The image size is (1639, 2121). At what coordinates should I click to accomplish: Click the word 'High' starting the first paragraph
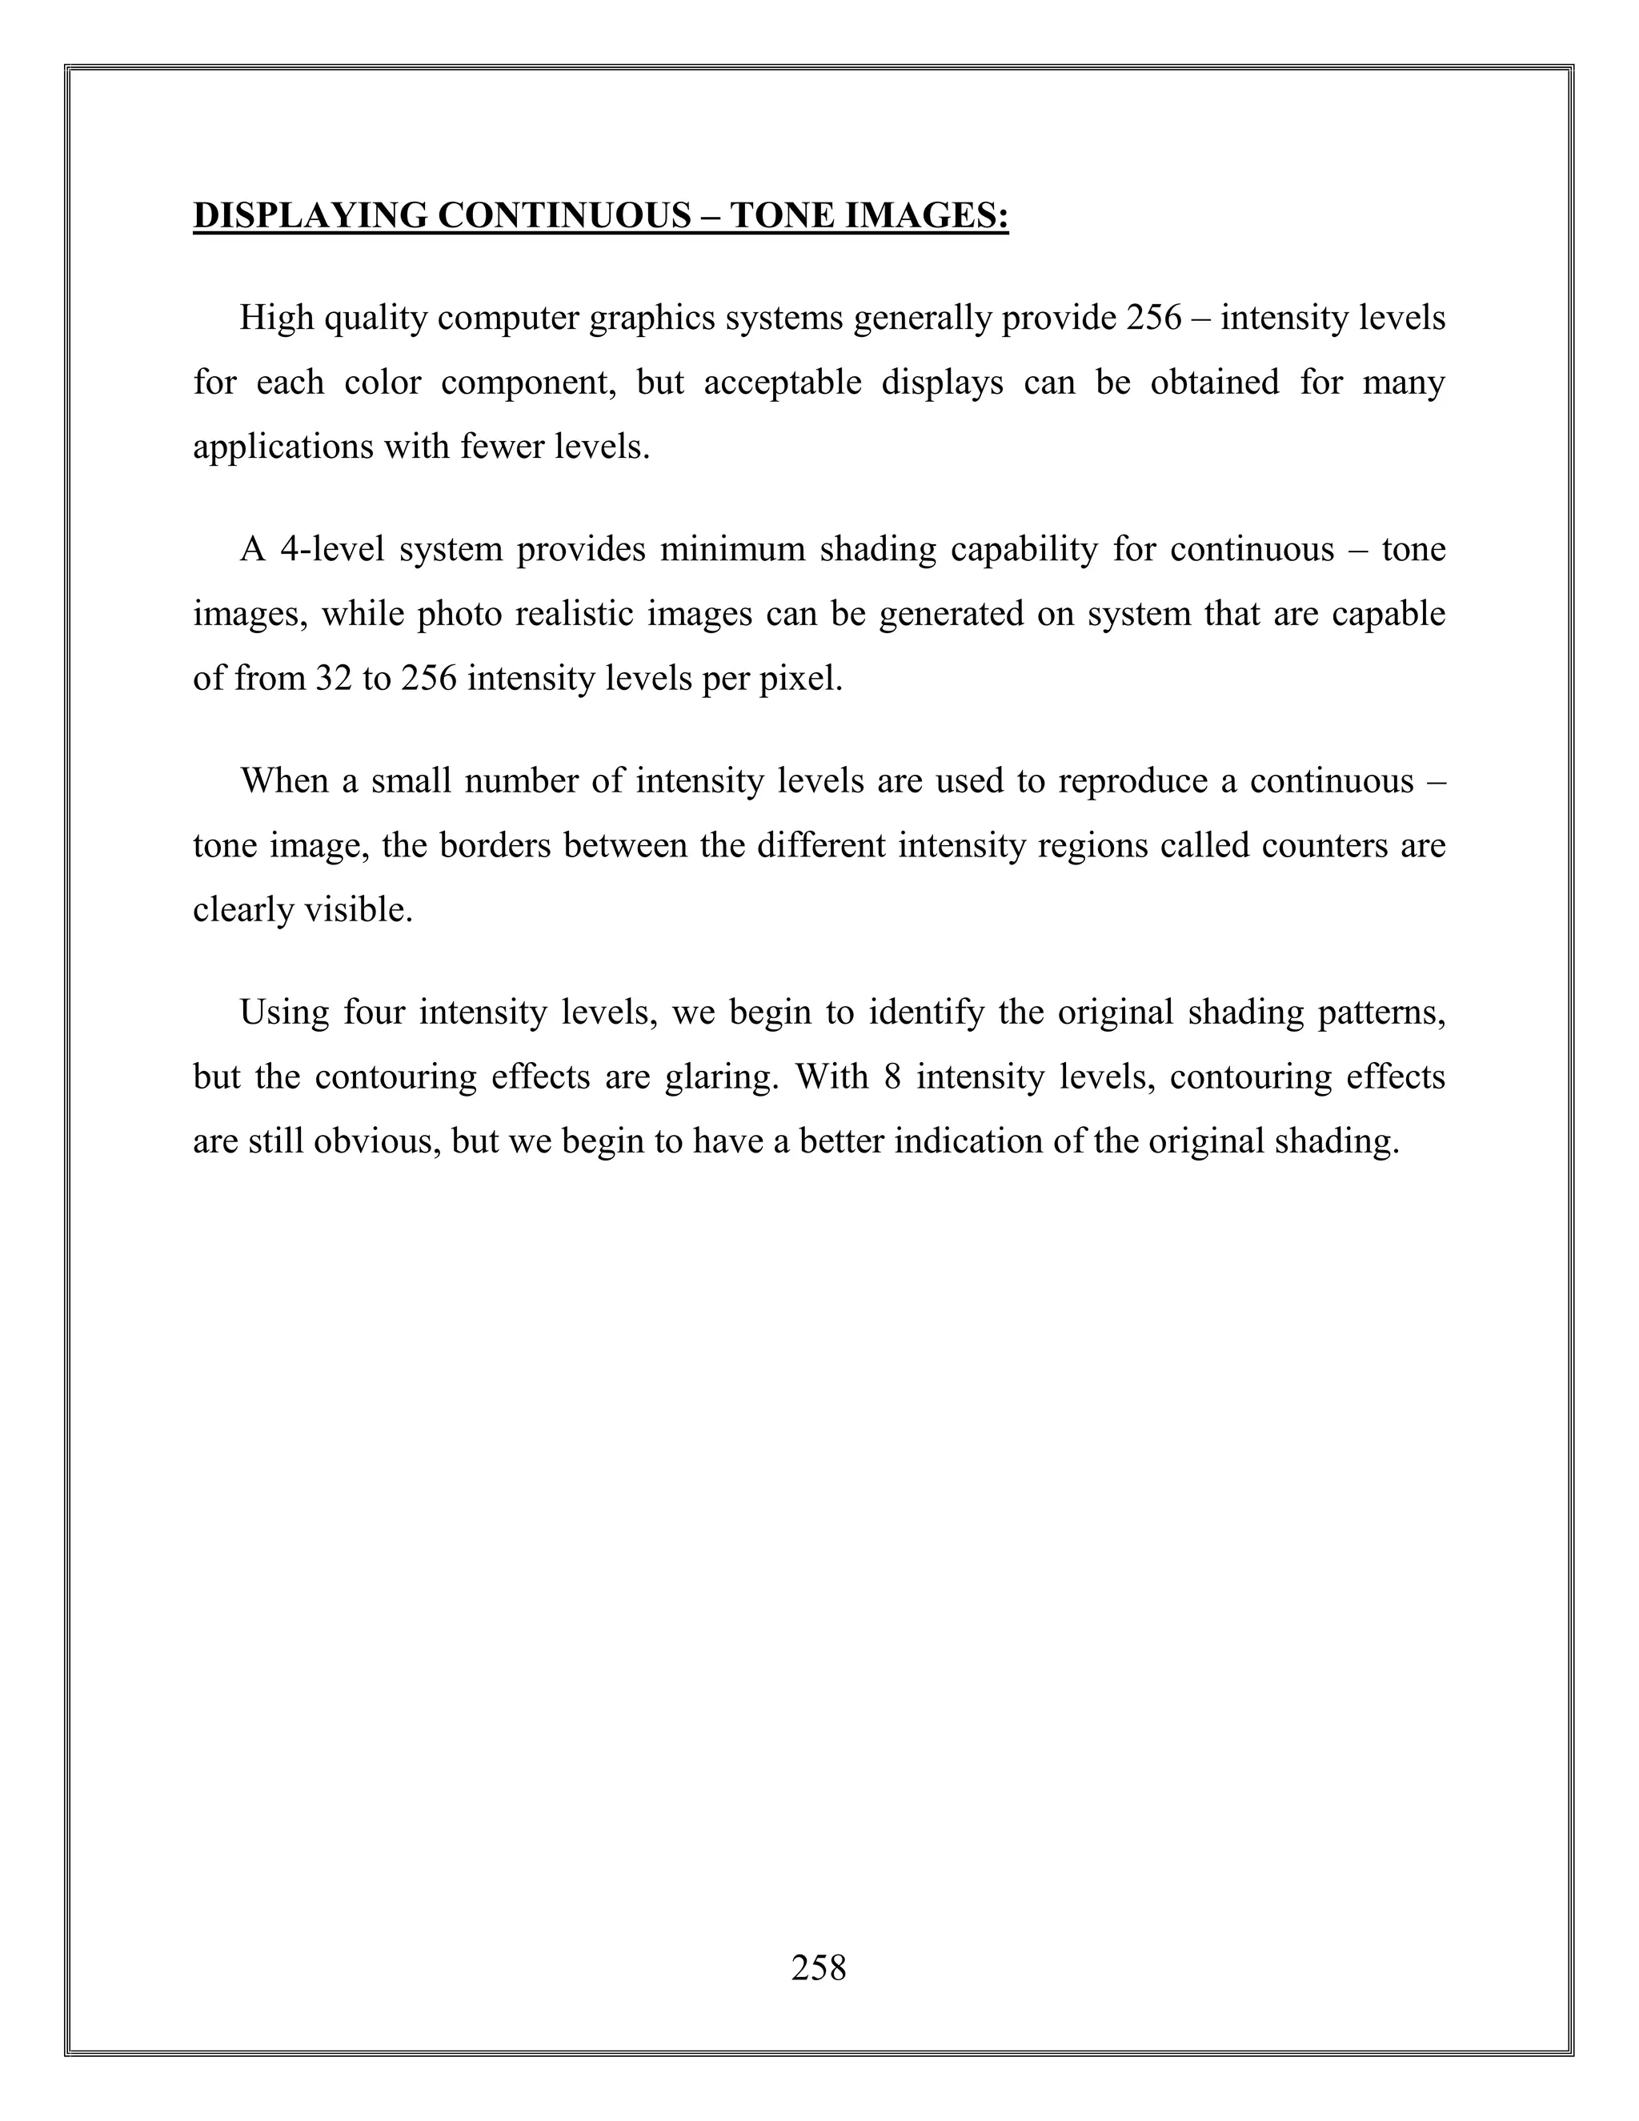(x=276, y=318)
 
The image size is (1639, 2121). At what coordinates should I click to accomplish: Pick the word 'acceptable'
(x=783, y=383)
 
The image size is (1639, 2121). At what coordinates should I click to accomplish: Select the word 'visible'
(x=359, y=910)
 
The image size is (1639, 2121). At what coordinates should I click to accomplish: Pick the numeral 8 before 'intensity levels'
(x=893, y=1077)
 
